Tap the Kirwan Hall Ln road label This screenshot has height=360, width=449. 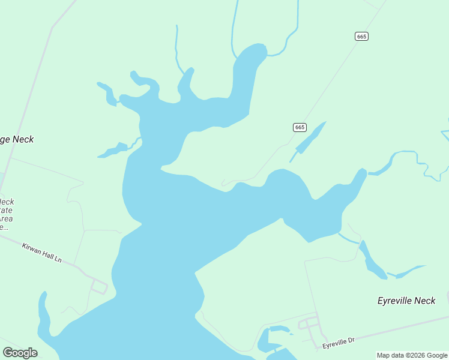41,253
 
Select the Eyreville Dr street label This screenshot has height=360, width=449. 339,343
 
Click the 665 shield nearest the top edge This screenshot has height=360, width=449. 361,37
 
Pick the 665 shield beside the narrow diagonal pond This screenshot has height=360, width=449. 300,127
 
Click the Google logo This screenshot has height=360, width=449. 20,352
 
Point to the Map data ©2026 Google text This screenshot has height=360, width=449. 412,355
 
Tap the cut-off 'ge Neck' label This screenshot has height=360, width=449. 17,139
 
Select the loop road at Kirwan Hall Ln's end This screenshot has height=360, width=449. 99,286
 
